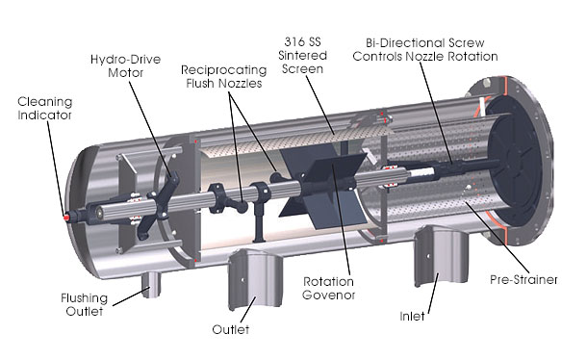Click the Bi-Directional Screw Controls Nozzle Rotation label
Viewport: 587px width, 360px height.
click(438, 50)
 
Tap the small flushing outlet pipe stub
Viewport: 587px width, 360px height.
click(151, 280)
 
